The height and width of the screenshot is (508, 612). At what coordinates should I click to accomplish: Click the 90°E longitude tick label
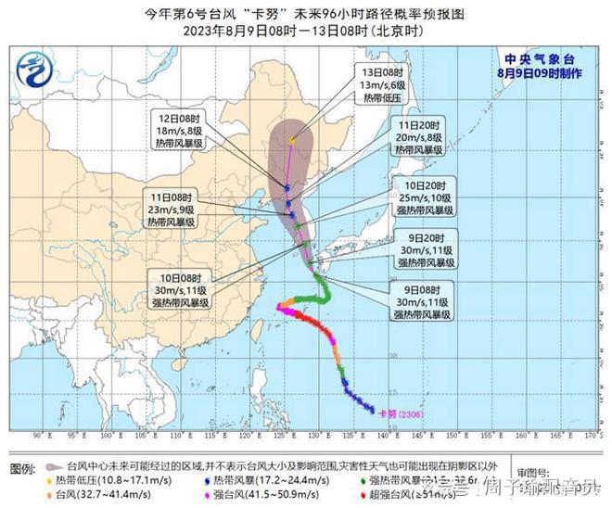(39, 435)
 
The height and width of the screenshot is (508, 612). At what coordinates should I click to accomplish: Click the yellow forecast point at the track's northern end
(292, 141)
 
